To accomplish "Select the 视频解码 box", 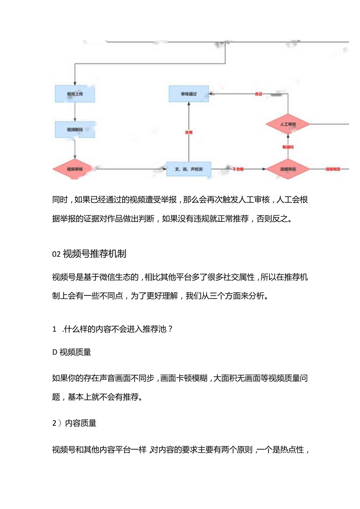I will click(75, 129).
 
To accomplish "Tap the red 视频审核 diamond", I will click(75, 169).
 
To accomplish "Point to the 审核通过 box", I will click(189, 94).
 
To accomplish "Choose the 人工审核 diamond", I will click(288, 124).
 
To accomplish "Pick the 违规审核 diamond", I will click(288, 169).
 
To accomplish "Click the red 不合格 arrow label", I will click(238, 169).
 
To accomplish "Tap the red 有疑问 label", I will click(288, 147).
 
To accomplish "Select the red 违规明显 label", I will click(333, 169).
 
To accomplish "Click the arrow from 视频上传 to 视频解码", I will click(75, 112).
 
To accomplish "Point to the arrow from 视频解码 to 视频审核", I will click(75, 149).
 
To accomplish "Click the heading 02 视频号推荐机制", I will click(89, 254).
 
